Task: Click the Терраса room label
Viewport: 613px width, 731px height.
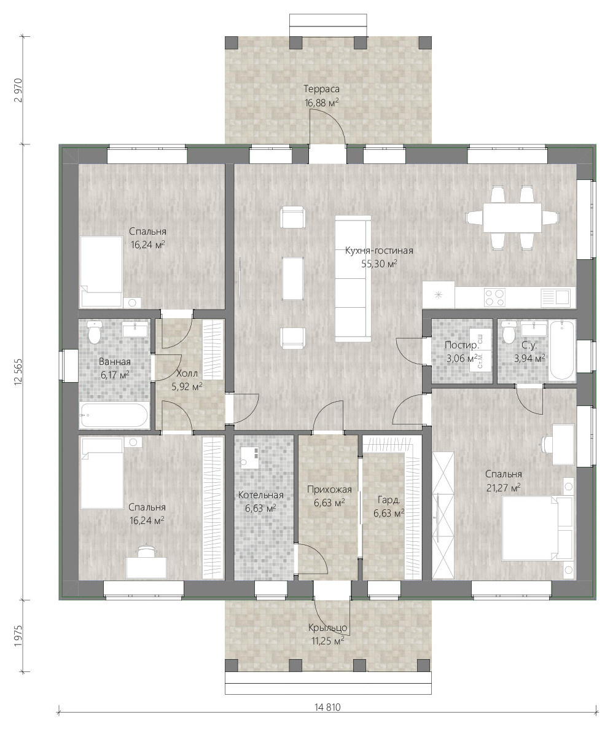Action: pyautogui.click(x=322, y=88)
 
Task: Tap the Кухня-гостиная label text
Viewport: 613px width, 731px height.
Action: pyautogui.click(x=379, y=251)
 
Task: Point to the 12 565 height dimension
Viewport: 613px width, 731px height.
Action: pyautogui.click(x=18, y=372)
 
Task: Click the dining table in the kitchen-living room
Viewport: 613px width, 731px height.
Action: pyautogui.click(x=512, y=217)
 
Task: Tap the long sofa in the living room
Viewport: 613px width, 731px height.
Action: pyautogui.click(x=353, y=278)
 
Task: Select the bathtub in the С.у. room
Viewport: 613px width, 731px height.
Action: pyautogui.click(x=562, y=350)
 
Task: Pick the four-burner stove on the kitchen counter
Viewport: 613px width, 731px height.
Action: pyautogui.click(x=494, y=297)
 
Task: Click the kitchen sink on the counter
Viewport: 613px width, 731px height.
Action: pyautogui.click(x=556, y=297)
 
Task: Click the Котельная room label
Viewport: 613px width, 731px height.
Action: pyautogui.click(x=260, y=495)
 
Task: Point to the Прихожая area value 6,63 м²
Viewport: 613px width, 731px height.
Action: pyautogui.click(x=329, y=502)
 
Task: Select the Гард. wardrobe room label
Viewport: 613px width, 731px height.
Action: pyautogui.click(x=389, y=500)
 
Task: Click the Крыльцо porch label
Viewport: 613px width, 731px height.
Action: pyautogui.click(x=328, y=628)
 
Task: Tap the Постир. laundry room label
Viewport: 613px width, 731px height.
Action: pyautogui.click(x=461, y=345)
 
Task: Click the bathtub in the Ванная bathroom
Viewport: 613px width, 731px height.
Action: pyautogui.click(x=114, y=415)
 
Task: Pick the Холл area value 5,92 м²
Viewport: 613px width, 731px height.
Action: pyautogui.click(x=187, y=386)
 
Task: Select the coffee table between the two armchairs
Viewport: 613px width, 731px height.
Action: pyautogui.click(x=293, y=279)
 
